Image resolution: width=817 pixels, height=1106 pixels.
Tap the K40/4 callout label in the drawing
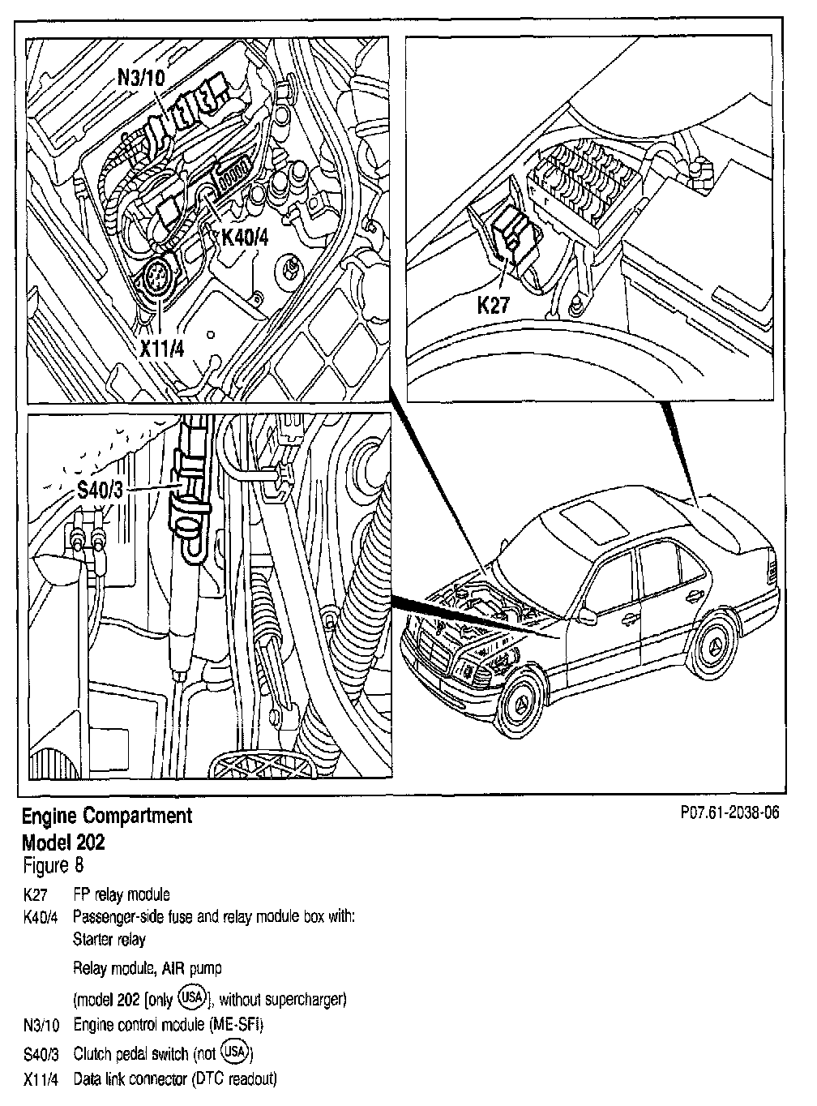pos(248,238)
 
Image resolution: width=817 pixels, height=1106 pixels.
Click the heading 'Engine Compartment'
pos(107,816)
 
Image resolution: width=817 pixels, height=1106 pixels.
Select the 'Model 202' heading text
pos(63,842)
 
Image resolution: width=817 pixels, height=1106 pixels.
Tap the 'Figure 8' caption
pos(53,866)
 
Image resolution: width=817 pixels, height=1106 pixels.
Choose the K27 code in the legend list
pos(36,895)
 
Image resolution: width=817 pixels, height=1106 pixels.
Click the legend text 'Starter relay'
pos(109,940)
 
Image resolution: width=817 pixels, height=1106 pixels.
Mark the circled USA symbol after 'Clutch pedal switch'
pos(239,1053)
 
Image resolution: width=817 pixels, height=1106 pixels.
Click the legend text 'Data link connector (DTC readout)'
pos(175,1079)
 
